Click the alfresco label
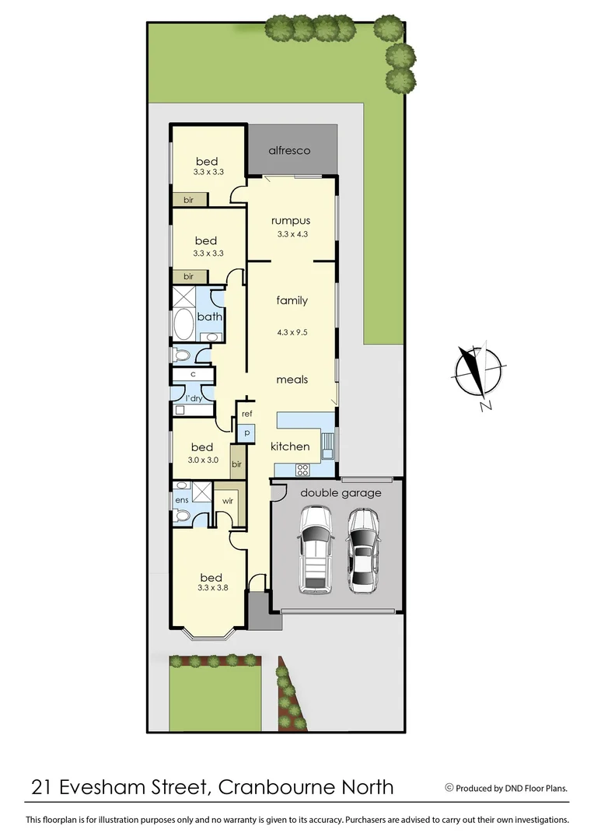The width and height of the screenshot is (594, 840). point(289,150)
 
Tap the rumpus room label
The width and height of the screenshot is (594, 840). point(292,221)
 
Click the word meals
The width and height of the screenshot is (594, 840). point(292,380)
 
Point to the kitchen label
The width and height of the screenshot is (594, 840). point(290,446)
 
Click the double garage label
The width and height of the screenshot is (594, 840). point(341,493)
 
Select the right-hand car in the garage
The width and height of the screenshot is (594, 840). point(362,550)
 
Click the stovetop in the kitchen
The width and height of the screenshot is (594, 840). point(302,469)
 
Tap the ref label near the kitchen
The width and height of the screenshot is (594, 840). point(247,414)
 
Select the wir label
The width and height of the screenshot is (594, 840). point(228,501)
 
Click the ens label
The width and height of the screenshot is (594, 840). point(181,500)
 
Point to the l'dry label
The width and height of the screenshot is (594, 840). point(194,398)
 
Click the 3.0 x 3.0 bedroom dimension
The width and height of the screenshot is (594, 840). point(203,460)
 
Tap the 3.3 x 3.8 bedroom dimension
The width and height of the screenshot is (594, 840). point(211,589)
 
